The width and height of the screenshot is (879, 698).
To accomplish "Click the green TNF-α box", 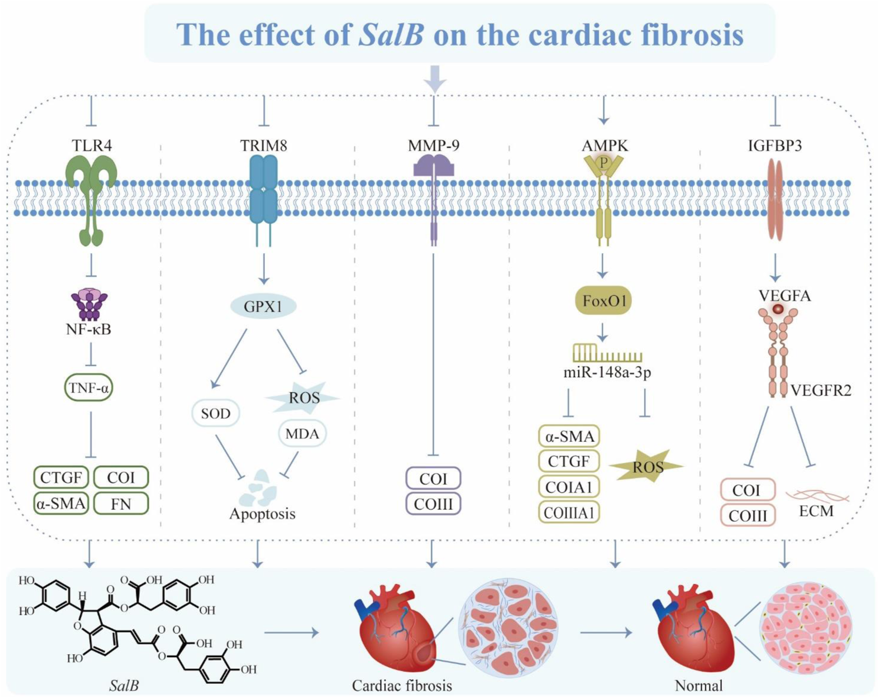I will click(x=89, y=388).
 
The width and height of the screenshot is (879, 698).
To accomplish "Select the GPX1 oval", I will click(x=263, y=307).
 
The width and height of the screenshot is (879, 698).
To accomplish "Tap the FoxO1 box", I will click(x=603, y=300).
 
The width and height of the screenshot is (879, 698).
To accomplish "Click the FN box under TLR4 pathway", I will click(x=121, y=504).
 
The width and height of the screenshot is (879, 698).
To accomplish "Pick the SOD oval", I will click(x=216, y=413).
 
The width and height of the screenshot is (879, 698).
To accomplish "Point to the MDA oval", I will click(x=302, y=434).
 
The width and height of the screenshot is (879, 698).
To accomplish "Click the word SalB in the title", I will click(x=391, y=35).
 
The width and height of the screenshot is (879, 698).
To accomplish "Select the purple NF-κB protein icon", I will click(x=89, y=304).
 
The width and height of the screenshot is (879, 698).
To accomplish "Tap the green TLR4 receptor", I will click(x=91, y=198).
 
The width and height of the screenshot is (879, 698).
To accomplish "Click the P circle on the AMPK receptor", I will click(x=604, y=163).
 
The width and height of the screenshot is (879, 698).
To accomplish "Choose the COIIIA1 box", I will click(x=569, y=513).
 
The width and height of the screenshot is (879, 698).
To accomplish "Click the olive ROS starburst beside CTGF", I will click(x=647, y=466).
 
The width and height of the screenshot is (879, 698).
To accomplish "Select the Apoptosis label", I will click(x=262, y=514).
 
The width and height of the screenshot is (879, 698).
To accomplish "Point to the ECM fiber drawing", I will click(x=816, y=495).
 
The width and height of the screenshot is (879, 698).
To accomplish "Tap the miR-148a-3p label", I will click(x=607, y=372).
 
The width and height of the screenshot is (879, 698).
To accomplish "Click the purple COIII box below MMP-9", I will click(x=433, y=504).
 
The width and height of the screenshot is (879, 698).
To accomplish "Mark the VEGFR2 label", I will click(x=820, y=391).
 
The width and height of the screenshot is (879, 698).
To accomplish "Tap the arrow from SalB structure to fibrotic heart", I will click(x=291, y=632).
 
